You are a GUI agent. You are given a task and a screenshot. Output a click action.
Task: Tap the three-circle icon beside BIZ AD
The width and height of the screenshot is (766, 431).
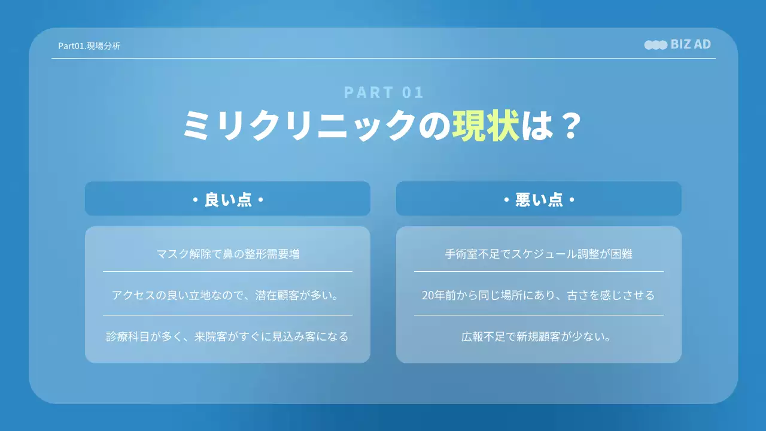click(x=655, y=45)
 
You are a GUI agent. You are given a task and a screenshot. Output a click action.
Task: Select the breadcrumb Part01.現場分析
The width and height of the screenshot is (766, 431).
click(x=89, y=45)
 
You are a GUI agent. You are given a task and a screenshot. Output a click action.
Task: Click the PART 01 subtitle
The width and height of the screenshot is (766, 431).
click(x=384, y=92)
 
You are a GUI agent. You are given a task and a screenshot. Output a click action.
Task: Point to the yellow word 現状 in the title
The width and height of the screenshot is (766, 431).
click(x=485, y=126)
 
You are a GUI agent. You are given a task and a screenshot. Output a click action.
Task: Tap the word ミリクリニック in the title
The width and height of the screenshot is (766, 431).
click(x=299, y=126)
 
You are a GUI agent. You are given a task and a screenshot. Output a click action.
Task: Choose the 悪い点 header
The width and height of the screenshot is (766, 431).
click(x=539, y=199)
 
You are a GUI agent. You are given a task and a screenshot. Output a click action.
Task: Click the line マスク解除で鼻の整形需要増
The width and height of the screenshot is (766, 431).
click(x=227, y=254)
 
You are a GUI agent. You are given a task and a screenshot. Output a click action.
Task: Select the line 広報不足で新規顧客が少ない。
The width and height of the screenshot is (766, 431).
click(x=539, y=336)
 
